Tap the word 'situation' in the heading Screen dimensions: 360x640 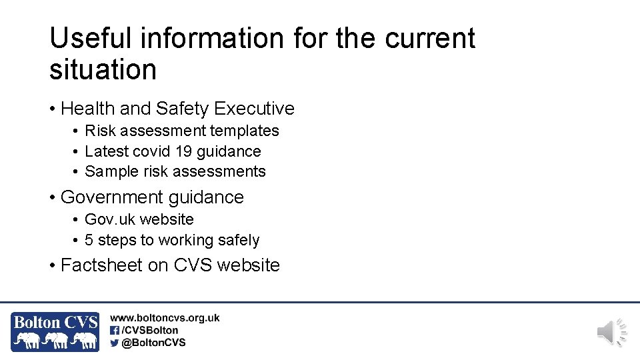coord(103,70)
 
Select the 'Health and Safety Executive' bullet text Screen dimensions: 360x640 coord(177,108)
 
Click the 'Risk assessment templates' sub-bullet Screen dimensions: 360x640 coord(182,131)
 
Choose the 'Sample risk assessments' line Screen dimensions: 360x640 coord(175,171)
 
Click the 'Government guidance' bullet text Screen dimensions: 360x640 coord(152,197)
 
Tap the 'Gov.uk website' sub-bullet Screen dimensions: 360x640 coord(139,219)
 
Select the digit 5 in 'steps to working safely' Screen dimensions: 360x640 coord(89,240)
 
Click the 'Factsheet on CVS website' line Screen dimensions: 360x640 coord(170,265)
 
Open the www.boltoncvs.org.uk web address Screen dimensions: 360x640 coord(165,319)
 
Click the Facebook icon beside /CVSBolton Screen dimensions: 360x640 coord(115,330)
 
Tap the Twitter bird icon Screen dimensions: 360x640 coord(115,343)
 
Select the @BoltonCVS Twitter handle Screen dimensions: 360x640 coord(153,343)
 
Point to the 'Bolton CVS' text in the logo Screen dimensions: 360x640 coord(55,323)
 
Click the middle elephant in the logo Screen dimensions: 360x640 coord(57,341)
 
